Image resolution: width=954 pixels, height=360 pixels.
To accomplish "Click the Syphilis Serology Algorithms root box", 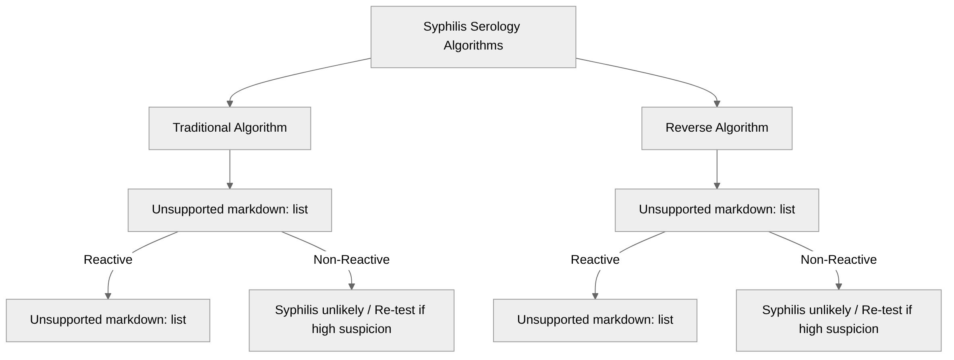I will pos(473,37).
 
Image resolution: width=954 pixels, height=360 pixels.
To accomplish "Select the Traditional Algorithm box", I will pos(230,128).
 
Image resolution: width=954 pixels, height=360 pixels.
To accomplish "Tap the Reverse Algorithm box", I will pos(716,128).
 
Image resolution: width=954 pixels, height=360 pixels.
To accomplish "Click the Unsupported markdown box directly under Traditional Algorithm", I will pos(230,210).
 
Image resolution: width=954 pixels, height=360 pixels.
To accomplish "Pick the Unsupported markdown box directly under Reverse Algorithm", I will pos(716,210).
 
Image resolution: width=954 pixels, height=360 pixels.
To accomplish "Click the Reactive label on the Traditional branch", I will pos(108,260).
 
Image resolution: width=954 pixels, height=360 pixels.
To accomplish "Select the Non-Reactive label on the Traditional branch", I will pos(351,260).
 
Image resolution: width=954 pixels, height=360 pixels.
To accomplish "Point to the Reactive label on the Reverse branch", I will pos(595,260).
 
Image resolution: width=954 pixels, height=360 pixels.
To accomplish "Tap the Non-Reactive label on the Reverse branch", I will pos(838,260).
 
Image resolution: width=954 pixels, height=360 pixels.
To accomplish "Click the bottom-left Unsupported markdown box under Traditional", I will pos(108,320).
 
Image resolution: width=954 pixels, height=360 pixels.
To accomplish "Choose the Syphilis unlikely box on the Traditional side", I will pos(351,320).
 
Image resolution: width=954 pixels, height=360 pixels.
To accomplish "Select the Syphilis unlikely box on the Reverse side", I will pos(838,320).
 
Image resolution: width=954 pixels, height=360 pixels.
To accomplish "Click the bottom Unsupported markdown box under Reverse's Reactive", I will pos(595,320).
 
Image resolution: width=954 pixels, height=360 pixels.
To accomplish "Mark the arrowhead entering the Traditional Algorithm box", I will pos(230,104).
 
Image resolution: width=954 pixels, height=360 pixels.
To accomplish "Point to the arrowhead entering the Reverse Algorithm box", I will pos(716,104).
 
